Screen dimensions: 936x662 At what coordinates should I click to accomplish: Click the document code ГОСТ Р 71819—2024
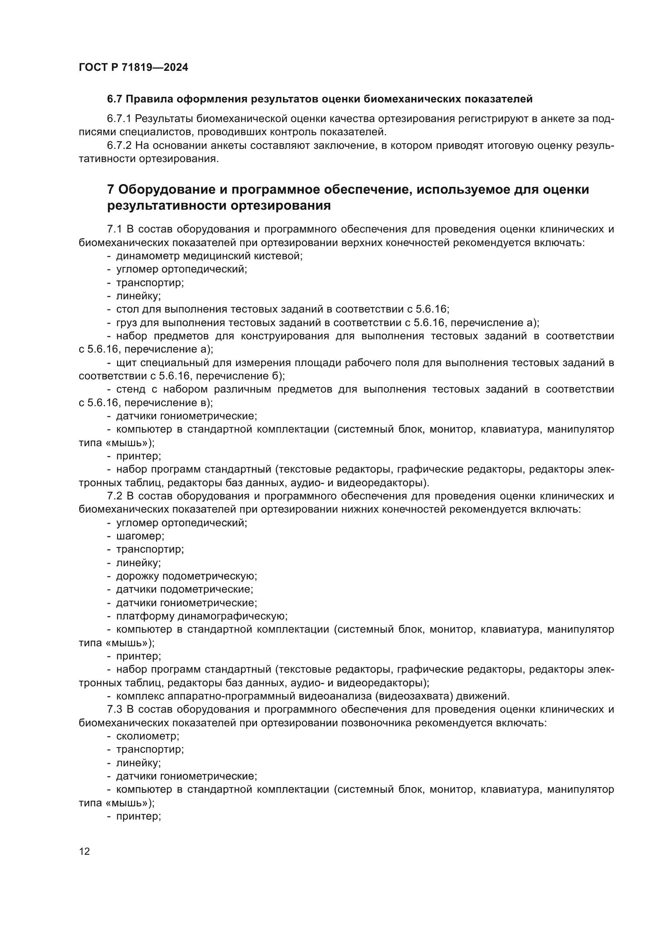(133, 67)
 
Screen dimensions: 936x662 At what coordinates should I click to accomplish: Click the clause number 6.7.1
(119, 118)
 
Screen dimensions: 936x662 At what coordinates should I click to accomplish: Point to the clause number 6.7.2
(119, 145)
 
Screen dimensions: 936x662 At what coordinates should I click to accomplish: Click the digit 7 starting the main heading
(110, 190)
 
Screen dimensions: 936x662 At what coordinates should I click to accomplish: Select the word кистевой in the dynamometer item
(282, 256)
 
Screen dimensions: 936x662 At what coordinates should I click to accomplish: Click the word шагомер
(140, 536)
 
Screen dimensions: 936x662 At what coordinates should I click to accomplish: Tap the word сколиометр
(148, 736)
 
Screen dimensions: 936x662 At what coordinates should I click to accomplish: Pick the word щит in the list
(124, 363)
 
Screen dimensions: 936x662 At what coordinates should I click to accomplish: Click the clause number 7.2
(114, 496)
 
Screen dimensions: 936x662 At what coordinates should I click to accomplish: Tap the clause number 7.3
(114, 710)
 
